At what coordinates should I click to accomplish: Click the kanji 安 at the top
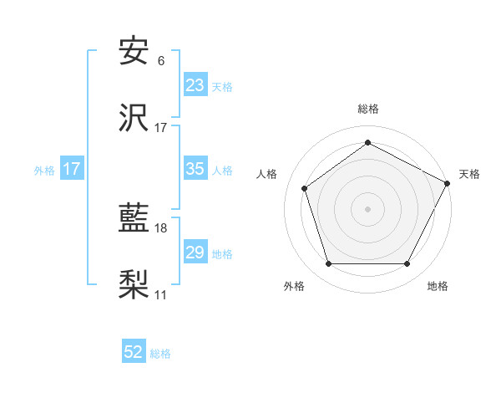[134, 52]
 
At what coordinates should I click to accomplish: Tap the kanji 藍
[134, 220]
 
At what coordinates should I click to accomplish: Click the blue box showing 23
[195, 85]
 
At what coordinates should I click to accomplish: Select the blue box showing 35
[195, 169]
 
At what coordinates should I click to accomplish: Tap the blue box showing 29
[195, 253]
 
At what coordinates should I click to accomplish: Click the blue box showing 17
[72, 169]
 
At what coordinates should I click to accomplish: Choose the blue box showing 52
[134, 352]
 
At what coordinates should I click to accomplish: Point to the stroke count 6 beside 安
[161, 61]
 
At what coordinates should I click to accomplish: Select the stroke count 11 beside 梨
[161, 295]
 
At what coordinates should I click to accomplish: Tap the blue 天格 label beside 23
[222, 86]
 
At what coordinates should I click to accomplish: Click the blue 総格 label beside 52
[160, 353]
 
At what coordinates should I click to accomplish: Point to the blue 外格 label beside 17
[44, 170]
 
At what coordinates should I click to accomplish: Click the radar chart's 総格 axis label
[367, 109]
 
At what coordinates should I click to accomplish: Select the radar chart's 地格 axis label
[438, 286]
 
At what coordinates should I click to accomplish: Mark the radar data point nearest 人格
[305, 188]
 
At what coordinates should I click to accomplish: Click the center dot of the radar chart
[367, 208]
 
